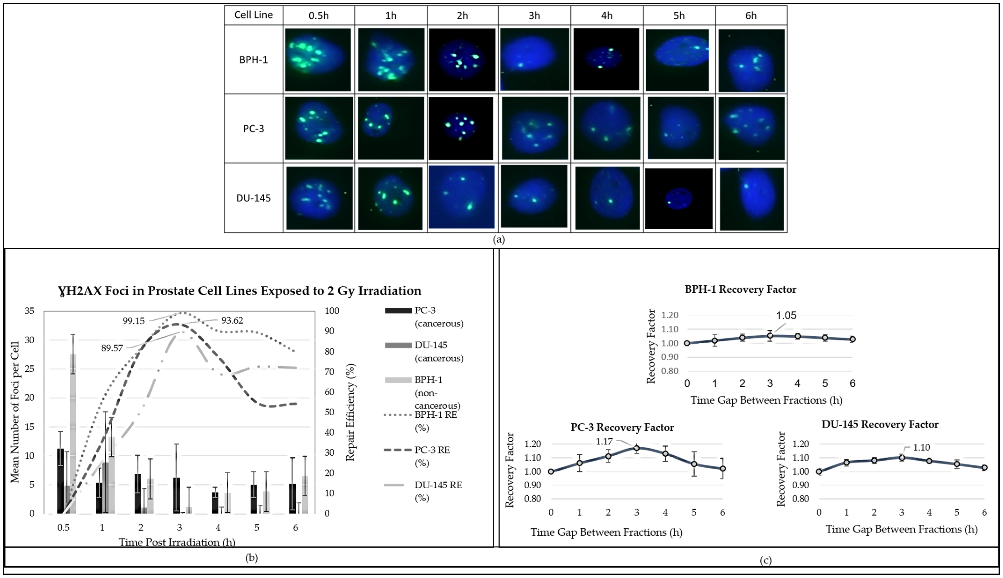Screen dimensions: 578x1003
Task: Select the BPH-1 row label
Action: click(254, 59)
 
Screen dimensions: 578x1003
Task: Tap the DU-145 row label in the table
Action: click(254, 198)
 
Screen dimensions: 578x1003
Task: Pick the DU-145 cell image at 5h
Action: click(679, 198)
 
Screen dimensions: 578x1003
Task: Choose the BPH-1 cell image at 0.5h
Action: click(318, 59)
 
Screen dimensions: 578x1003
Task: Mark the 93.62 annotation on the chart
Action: click(232, 320)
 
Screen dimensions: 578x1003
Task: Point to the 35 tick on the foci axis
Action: click(29, 311)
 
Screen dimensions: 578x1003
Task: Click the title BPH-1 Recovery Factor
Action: click(740, 289)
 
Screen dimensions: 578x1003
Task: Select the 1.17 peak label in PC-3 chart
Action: click(604, 441)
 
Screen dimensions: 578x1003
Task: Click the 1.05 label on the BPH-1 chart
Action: click(786, 316)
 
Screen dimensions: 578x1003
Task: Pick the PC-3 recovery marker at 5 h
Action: click(694, 464)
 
